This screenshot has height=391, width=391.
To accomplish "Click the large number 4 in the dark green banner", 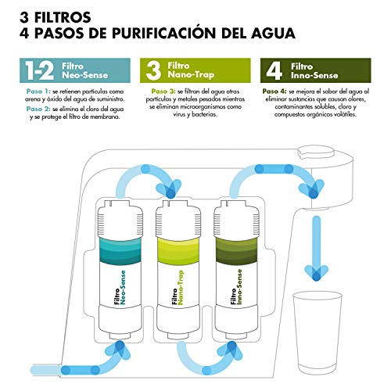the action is pos(274,70).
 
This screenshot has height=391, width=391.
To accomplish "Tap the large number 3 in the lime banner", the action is pos(153,70).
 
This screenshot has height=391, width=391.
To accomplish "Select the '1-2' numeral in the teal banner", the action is pos(39,70).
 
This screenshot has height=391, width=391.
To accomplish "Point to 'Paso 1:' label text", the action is pos(38,91).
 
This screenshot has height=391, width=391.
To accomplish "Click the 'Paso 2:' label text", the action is pos(38,109).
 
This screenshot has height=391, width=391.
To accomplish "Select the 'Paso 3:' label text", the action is pos(163,91).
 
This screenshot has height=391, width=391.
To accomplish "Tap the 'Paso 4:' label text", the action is pos(274,91).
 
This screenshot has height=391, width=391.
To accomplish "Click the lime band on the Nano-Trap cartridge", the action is pos(178,250).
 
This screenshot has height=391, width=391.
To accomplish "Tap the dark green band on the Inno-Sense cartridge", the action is pos(236,250).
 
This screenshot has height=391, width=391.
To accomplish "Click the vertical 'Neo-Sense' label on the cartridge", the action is pos(123,287).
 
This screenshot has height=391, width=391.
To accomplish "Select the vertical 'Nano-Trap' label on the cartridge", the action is pos(181,288).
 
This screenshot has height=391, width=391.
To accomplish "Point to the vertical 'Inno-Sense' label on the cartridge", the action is pos(239,287).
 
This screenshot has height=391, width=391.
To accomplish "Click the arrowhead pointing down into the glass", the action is pos(317,273).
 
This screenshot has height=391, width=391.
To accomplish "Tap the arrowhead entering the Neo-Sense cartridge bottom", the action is pos(120,350).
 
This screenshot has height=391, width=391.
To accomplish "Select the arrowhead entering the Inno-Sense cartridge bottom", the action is pos(231,350).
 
